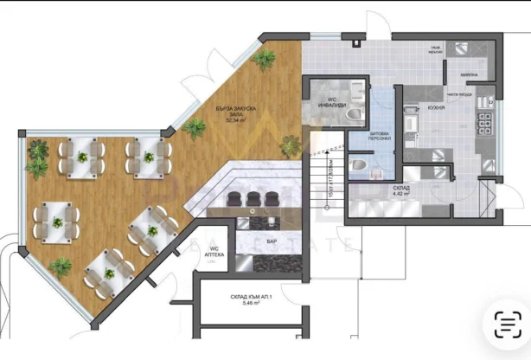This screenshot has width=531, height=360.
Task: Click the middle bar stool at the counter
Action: coord(254,198)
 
